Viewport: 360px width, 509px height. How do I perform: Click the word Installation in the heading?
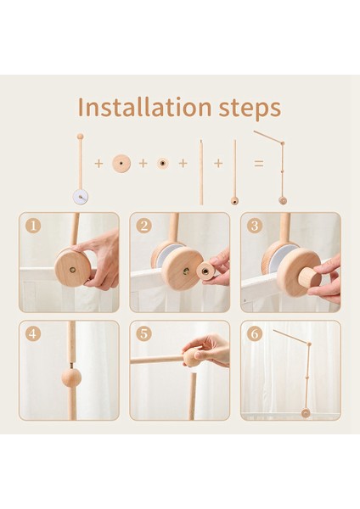[x=145, y=107]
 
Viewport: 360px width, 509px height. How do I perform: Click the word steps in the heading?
[x=250, y=109]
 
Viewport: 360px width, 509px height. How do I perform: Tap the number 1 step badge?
[x=33, y=226]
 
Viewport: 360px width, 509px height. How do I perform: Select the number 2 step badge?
[x=144, y=226]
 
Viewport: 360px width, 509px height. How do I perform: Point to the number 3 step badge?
[x=255, y=226]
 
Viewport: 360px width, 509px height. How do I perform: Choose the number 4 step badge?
[x=33, y=334]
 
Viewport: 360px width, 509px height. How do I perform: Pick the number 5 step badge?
[x=144, y=334]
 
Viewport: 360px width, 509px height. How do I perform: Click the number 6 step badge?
[x=255, y=334]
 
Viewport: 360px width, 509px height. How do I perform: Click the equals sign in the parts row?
[x=259, y=163]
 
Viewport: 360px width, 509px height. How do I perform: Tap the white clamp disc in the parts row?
[x=81, y=197]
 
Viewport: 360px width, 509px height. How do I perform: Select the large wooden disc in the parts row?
[x=121, y=163]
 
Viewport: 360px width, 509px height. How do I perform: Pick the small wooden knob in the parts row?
[x=163, y=163]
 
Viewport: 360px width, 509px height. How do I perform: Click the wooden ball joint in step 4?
[x=71, y=378]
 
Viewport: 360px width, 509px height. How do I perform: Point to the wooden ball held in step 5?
[x=192, y=357]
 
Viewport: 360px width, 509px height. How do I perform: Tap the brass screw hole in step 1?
[x=73, y=269]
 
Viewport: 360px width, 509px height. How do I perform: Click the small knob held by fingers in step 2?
[x=205, y=271]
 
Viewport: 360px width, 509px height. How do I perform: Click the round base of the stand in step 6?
[x=306, y=413]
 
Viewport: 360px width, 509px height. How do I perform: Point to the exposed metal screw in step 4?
[x=71, y=365]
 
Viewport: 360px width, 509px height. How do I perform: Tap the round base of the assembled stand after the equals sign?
[x=283, y=200]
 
